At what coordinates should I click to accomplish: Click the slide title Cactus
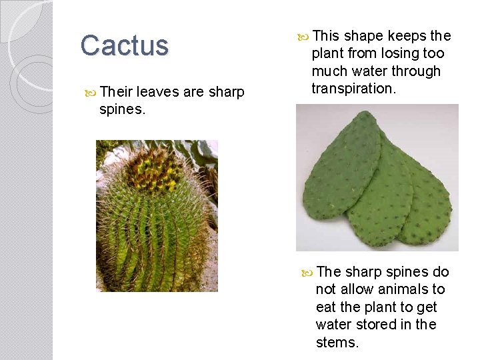pos(125,46)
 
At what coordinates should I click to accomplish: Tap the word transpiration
pos(353,89)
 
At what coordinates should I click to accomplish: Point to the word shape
pos(363,35)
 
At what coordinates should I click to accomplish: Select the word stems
pos(337,343)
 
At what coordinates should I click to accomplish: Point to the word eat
pos(325,307)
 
